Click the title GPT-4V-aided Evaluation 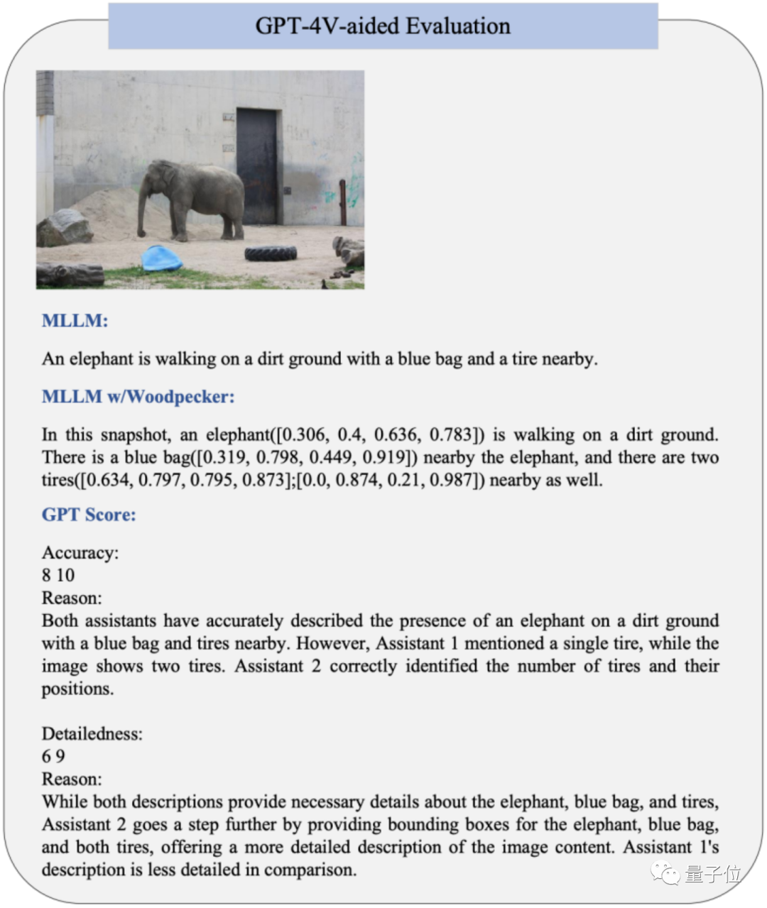[383, 26]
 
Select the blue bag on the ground [161, 258]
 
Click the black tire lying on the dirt [271, 253]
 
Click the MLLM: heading [75, 321]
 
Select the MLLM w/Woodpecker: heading [138, 397]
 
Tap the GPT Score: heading [89, 515]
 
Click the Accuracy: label [80, 553]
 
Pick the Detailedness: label [92, 734]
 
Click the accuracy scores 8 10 [58, 575]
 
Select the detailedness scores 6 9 [53, 756]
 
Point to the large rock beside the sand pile [64, 228]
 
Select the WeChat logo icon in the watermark [666, 873]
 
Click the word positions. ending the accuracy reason [77, 689]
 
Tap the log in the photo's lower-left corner [70, 275]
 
